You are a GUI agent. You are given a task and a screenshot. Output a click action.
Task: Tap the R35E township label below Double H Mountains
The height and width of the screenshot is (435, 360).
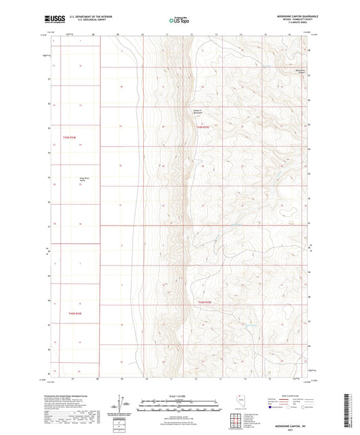tap(204, 126)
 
